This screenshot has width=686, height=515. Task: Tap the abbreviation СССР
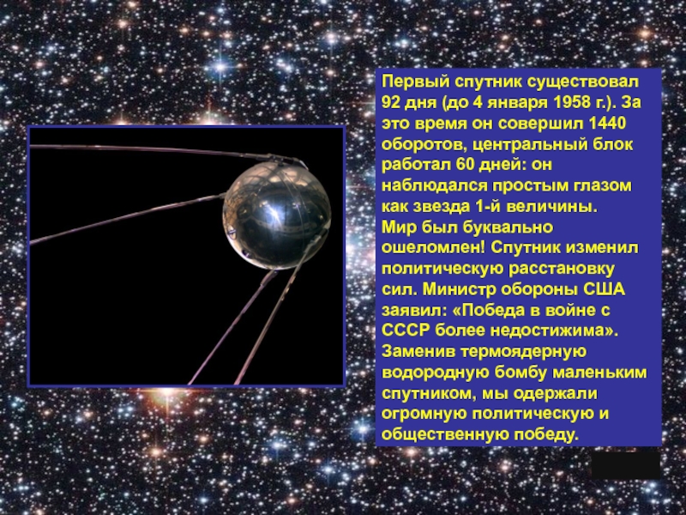point(406,332)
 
